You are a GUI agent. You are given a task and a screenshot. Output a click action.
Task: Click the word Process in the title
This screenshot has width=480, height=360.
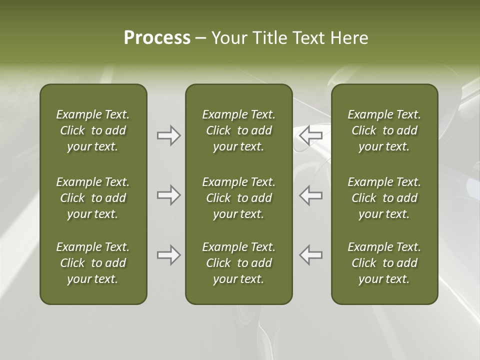157,38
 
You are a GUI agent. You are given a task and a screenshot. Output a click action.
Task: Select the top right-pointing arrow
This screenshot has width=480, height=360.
168,135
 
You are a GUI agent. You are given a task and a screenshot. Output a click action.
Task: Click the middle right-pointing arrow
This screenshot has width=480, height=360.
168,195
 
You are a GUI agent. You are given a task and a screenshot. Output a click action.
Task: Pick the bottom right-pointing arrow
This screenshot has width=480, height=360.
168,255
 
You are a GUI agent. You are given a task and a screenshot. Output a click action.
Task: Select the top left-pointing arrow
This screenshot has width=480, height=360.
310,135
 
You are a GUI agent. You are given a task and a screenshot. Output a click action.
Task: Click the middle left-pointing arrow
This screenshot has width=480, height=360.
310,195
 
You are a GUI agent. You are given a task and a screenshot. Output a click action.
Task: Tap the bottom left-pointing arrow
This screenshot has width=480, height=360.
310,255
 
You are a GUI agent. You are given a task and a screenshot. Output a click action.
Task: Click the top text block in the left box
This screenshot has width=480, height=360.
93,130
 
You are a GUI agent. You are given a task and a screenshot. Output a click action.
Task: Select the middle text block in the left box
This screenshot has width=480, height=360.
93,198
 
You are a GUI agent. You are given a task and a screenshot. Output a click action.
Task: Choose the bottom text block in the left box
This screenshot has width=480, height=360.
93,263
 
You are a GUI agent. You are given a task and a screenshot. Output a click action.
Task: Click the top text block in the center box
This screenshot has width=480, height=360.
238,130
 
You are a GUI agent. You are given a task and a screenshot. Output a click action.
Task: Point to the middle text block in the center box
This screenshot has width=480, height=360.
238,198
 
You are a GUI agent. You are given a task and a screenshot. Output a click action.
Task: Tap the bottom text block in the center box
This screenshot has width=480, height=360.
238,263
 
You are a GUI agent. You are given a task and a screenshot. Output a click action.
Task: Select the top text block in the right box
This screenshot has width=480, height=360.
384,130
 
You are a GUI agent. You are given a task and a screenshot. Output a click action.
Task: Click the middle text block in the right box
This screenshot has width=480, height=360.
384,198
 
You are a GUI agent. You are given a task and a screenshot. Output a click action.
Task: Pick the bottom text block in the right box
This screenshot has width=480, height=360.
384,263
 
